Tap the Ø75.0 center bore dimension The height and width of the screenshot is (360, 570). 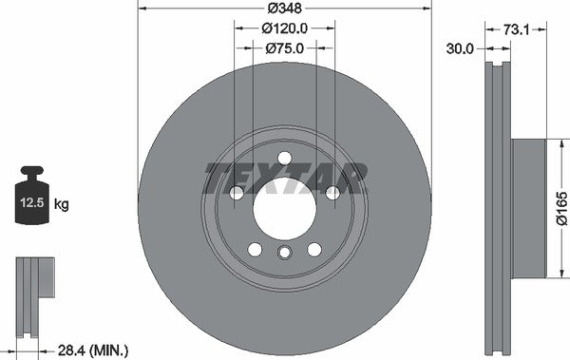(x=284, y=49)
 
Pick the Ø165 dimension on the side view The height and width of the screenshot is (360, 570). (x=560, y=207)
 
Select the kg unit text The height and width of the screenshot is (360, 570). (x=62, y=204)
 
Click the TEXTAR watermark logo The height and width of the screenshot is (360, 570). (x=285, y=177)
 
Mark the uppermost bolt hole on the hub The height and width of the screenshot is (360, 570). (x=285, y=159)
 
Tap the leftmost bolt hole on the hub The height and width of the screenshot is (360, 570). (x=237, y=193)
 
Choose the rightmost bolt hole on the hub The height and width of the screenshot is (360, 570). (x=332, y=193)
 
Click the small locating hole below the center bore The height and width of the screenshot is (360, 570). (x=285, y=253)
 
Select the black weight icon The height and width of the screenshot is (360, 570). (x=31, y=197)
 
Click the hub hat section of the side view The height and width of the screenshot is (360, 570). (x=528, y=208)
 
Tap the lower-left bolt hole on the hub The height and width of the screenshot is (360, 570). (x=255, y=249)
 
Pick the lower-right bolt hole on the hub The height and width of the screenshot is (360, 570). (x=314, y=249)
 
